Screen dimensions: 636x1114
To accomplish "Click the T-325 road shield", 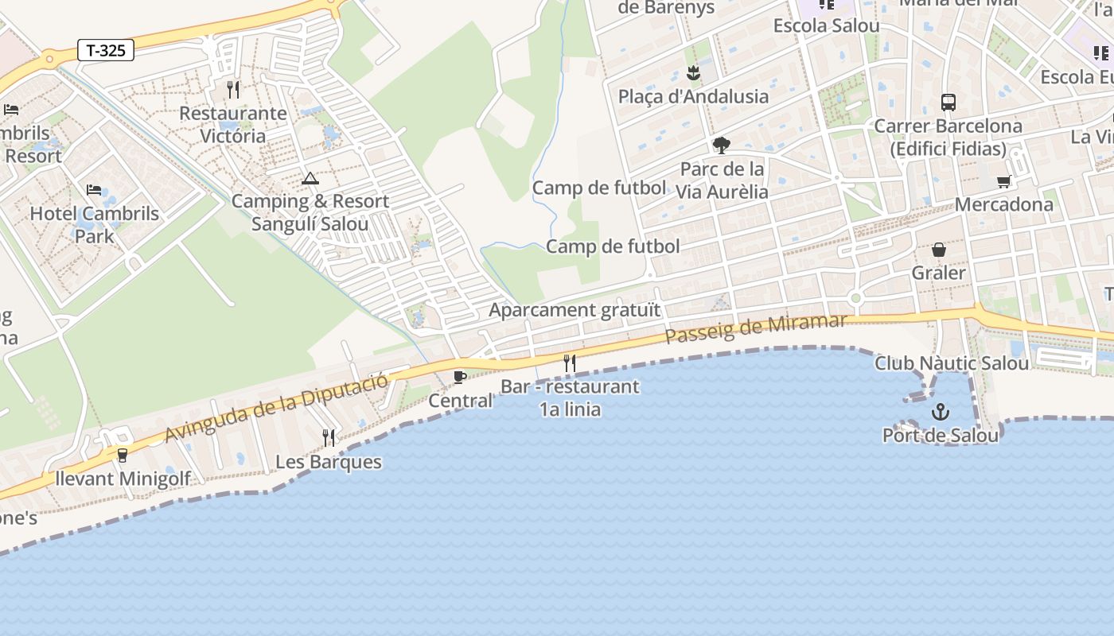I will click(x=106, y=51).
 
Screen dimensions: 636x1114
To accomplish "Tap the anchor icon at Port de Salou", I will click(x=941, y=412).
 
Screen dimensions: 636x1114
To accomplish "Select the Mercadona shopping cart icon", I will click(x=1004, y=181).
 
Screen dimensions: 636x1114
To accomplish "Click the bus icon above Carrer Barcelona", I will click(x=948, y=102).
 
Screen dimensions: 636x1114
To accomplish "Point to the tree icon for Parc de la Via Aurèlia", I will click(x=722, y=145).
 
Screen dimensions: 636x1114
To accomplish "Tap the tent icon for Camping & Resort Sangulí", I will click(x=310, y=178).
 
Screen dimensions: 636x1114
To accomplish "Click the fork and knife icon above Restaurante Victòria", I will click(x=232, y=90).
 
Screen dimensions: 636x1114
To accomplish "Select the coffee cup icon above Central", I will click(x=460, y=377).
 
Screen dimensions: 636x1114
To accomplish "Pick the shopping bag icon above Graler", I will click(x=939, y=250).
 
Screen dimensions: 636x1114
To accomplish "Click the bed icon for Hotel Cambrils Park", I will click(x=94, y=190).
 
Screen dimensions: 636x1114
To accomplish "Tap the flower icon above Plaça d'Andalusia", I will click(x=693, y=74).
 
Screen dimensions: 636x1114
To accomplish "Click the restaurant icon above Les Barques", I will click(x=328, y=437).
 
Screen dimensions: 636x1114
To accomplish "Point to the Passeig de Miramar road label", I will click(x=755, y=328).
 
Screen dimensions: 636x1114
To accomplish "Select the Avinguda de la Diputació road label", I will click(x=276, y=407).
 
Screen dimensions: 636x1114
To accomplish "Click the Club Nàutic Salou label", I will click(x=952, y=363).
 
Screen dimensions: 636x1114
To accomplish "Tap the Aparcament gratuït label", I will click(x=575, y=310).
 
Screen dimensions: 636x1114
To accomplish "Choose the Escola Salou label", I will click(x=827, y=25).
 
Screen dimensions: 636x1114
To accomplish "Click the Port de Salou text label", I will click(x=941, y=436).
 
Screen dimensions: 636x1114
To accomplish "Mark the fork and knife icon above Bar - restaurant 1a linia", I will click(x=570, y=363).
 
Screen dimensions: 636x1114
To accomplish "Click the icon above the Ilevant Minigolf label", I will click(x=122, y=456).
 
